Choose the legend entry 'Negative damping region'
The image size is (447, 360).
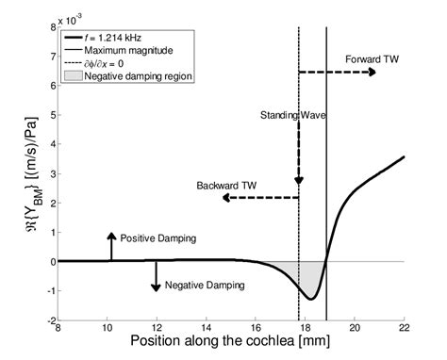point(141,76)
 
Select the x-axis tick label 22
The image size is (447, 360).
point(404,327)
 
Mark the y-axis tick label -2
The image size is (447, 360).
point(46,319)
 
